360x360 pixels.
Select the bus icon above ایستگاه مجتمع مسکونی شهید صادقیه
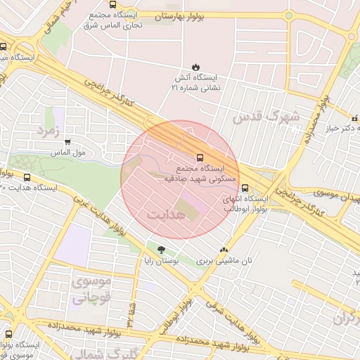click(x=200, y=157)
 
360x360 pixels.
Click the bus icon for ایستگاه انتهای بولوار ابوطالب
click(x=245, y=188)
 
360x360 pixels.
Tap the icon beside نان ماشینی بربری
click(x=224, y=249)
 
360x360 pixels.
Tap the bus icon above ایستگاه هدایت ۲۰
click(x=27, y=177)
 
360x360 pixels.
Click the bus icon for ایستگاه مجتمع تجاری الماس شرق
click(x=113, y=4)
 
